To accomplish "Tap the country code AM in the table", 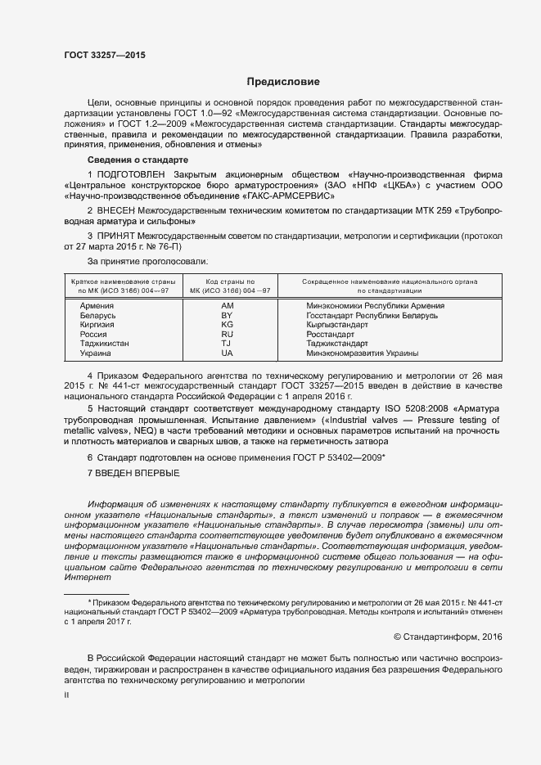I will (228, 305).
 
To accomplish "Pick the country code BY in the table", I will (228, 315).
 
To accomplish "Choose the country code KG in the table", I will (228, 325).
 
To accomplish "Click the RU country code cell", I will (228, 335).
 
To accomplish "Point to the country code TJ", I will (228, 344).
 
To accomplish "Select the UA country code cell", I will (228, 353).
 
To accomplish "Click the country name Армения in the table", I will (97, 305).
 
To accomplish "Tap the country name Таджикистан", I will (104, 344).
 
